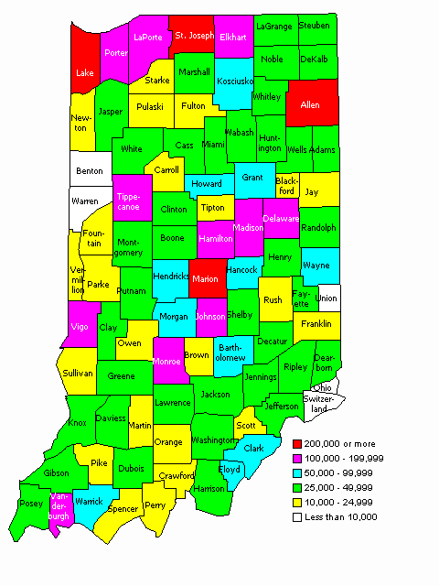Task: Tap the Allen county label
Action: coord(309,106)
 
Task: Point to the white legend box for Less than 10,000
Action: coord(286,517)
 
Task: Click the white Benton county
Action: coord(90,170)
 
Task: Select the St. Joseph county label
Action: coord(193,37)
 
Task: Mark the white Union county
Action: coord(327,298)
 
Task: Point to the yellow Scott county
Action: coord(247,424)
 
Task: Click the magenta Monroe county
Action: coord(166,360)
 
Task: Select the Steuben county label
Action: coord(314,27)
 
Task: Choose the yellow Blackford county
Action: coord(286,185)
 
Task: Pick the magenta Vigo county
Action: coord(80,326)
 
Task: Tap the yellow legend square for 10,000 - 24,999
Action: coord(286,503)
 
